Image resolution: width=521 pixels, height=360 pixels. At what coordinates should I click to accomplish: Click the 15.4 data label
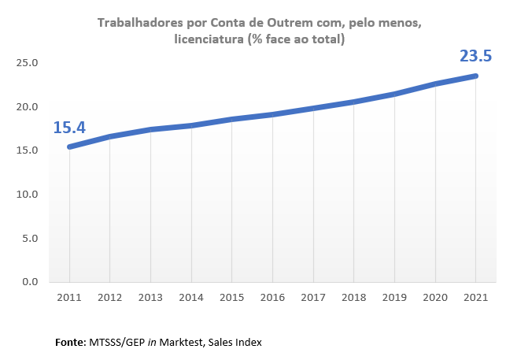69,126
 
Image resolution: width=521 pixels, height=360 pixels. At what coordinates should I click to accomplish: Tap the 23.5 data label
475,56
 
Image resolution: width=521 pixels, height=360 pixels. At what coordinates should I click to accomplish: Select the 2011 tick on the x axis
69,297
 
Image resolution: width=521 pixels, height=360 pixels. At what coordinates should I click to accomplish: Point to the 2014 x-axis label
191,297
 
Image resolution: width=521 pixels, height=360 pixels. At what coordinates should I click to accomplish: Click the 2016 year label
272,297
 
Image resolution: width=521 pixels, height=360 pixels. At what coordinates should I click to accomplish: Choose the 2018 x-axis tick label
353,297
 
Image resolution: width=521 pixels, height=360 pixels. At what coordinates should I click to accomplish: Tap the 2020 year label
435,297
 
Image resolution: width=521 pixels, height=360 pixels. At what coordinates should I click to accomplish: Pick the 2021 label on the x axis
475,297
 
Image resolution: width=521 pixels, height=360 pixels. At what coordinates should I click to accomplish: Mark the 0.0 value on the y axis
31,281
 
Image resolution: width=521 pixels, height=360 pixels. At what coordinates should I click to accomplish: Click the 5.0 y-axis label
31,238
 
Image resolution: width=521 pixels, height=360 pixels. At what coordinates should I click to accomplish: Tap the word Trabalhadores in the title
138,23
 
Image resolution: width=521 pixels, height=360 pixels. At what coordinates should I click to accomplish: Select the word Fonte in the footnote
71,343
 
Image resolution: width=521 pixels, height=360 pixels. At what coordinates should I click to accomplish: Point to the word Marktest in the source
187,343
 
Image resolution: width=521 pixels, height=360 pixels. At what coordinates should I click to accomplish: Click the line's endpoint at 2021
475,76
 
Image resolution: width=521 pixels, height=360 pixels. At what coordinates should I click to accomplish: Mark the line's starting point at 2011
69,147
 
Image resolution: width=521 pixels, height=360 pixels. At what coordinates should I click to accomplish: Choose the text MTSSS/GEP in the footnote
118,343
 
